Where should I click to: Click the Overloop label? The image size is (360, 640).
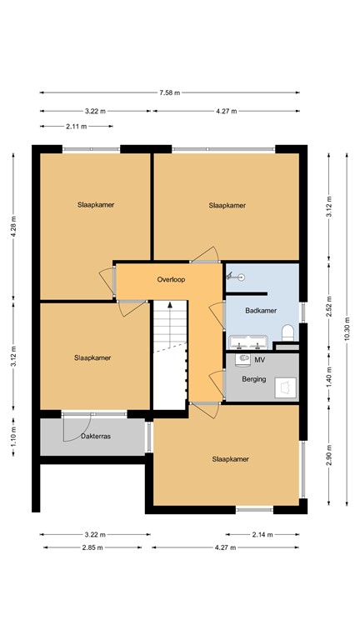(170, 279)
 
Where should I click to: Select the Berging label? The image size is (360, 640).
(254, 379)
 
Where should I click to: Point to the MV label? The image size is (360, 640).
(260, 360)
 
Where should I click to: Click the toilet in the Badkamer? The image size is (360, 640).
(288, 333)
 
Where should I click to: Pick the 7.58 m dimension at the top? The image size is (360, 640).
(170, 93)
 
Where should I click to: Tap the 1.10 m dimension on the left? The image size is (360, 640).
(14, 433)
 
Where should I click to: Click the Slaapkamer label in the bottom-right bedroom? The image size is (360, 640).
(231, 458)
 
